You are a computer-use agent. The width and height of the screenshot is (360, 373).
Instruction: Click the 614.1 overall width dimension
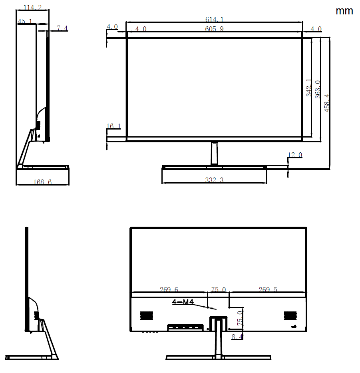[x=214, y=19]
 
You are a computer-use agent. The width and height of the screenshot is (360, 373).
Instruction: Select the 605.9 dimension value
[x=214, y=29]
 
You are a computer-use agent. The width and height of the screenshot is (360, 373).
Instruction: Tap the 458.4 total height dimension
[x=327, y=103]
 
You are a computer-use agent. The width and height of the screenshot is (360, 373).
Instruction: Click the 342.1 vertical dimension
[x=309, y=88]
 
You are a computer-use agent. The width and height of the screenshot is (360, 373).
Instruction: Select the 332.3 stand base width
[x=214, y=180]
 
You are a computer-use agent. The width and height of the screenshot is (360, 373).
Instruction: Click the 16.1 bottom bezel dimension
[x=113, y=126]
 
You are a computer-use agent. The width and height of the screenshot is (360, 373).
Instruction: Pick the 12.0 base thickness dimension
[x=295, y=155]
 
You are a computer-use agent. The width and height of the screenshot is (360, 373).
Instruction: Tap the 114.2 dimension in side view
[x=33, y=8]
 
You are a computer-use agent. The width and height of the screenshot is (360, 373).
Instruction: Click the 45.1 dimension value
[x=25, y=21]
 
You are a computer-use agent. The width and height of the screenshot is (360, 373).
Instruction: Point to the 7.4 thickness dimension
[x=62, y=28]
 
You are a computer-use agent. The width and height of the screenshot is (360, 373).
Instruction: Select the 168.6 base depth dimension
[x=42, y=182]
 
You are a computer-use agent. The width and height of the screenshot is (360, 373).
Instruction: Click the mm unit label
[x=344, y=11]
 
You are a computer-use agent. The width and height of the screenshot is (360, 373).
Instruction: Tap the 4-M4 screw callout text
[x=183, y=302]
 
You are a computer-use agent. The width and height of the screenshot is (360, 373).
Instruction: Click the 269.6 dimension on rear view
[x=169, y=289]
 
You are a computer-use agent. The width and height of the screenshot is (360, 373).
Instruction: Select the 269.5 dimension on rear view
[x=268, y=289]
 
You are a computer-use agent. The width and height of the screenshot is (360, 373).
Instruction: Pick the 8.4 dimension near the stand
[x=237, y=337]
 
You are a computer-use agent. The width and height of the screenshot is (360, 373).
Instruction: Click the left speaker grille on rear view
[x=147, y=315]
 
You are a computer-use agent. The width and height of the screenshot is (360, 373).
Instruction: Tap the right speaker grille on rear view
[x=290, y=315]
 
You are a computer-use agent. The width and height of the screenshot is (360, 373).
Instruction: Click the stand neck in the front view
[x=214, y=154]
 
